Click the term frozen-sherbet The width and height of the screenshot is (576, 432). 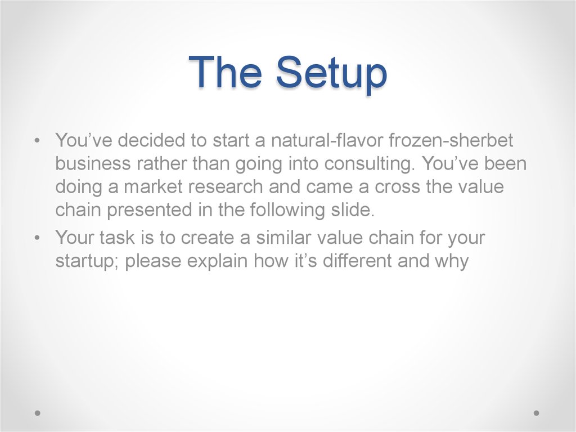click(x=451, y=140)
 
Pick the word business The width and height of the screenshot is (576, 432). click(x=93, y=163)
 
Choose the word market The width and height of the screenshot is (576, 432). click(x=153, y=186)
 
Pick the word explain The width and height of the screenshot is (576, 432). click(x=217, y=261)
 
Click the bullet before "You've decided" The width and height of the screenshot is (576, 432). click(x=37, y=141)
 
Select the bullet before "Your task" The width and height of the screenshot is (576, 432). click(x=37, y=238)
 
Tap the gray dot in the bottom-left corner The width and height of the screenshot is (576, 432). click(x=38, y=413)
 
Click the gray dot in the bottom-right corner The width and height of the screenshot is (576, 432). click(x=536, y=413)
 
